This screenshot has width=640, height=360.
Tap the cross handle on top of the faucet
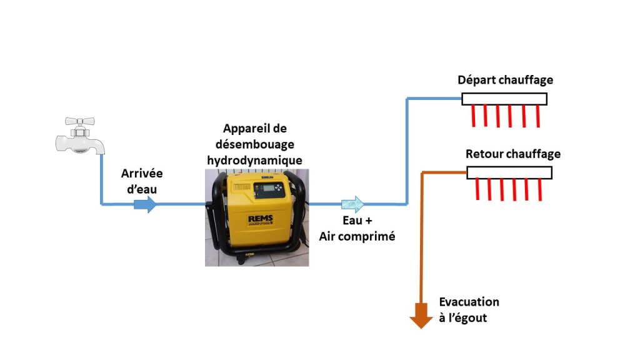coord(79,122)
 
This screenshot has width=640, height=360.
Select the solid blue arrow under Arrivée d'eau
coord(146,204)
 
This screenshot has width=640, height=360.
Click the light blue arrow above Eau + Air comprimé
coord(352,204)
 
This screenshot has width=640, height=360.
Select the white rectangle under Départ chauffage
coord(504,99)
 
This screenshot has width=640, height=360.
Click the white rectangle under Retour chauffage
coord(509,172)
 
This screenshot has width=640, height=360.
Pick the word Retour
coord(484,154)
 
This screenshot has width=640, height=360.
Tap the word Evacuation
coord(469,302)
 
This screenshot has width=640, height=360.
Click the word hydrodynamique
coord(254,160)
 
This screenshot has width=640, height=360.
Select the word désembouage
coord(254,144)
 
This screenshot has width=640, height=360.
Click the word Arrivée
coord(142,173)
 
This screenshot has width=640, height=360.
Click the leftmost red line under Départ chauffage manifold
coord(473,116)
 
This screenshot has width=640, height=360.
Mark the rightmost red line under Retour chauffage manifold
coord(539,189)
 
